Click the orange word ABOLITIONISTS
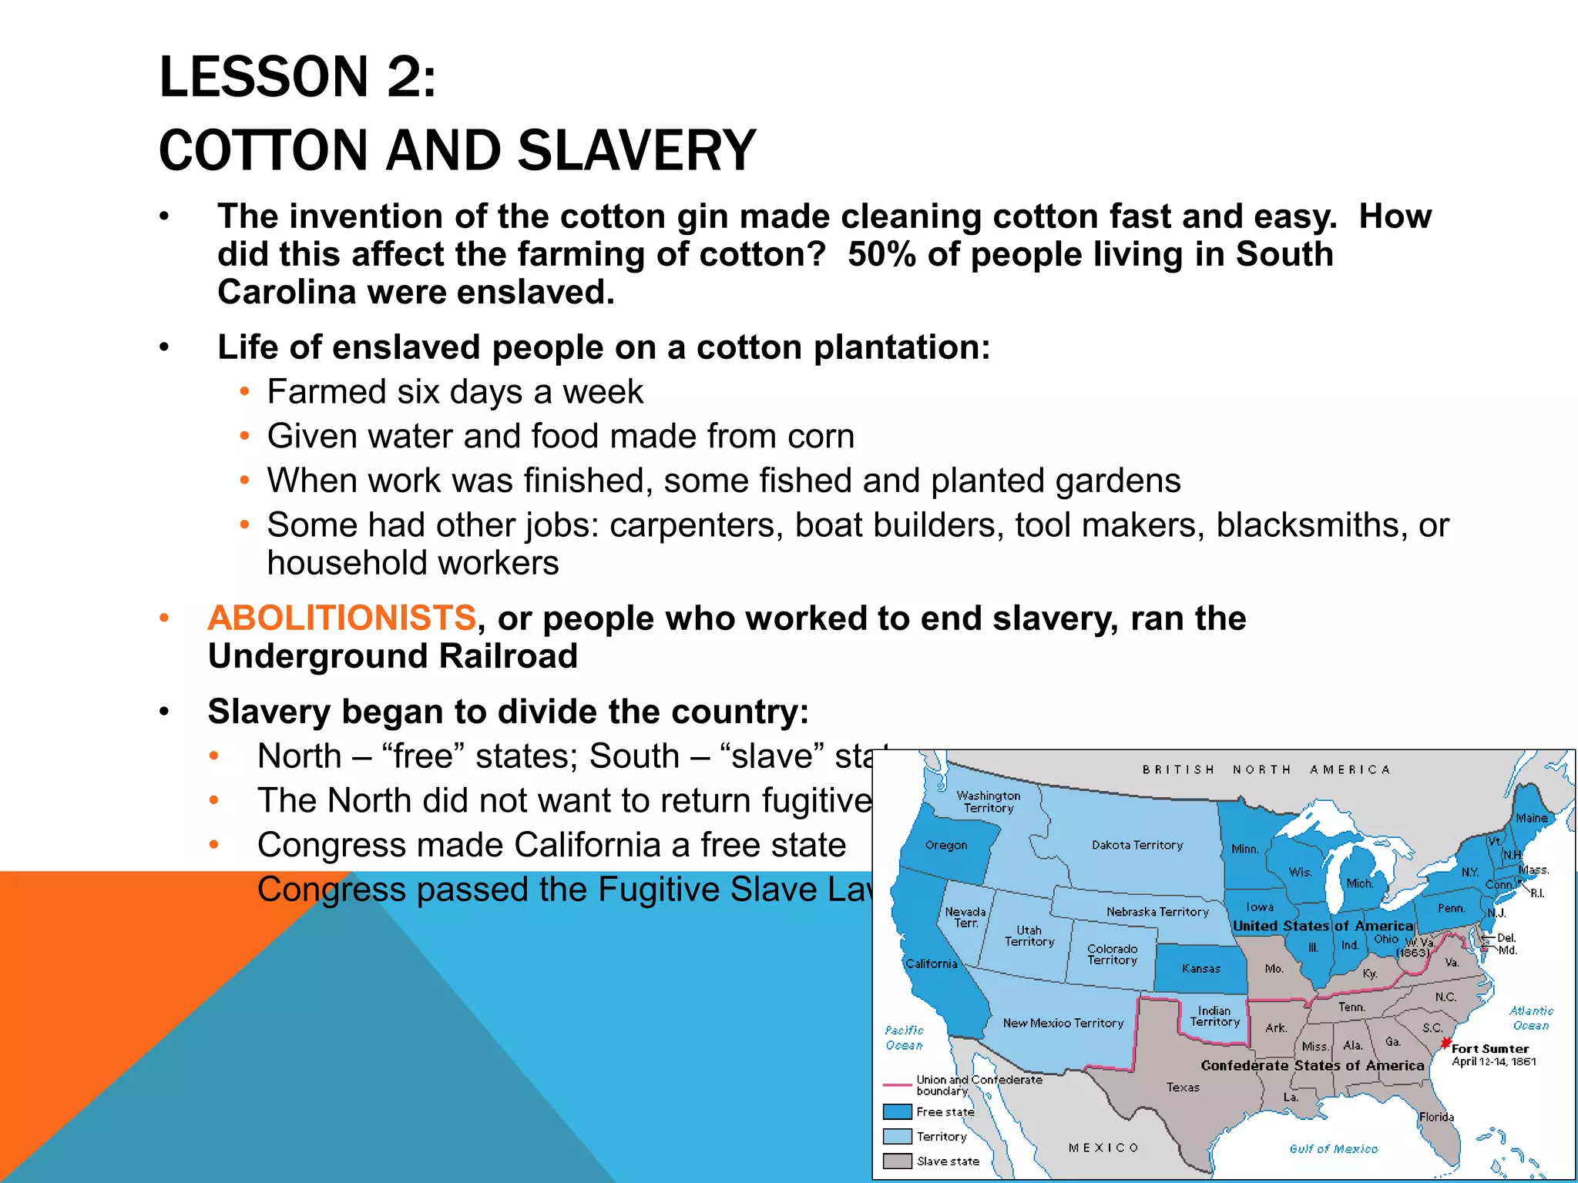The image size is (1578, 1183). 342,618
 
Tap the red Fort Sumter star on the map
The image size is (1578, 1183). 1445,1044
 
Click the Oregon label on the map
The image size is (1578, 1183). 946,845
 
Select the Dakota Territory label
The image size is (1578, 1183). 1137,845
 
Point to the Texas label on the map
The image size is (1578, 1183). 1183,1087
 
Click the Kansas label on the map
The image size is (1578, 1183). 1201,969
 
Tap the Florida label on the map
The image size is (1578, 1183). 1436,1117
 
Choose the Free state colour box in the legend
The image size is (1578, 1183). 898,1111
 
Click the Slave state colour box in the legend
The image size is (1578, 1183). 898,1161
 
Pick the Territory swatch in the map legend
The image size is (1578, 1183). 898,1136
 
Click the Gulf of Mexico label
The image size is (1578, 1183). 1334,1148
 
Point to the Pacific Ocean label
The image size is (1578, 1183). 904,1037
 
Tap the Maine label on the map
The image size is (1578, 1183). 1531,818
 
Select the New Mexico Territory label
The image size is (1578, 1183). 1063,1023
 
